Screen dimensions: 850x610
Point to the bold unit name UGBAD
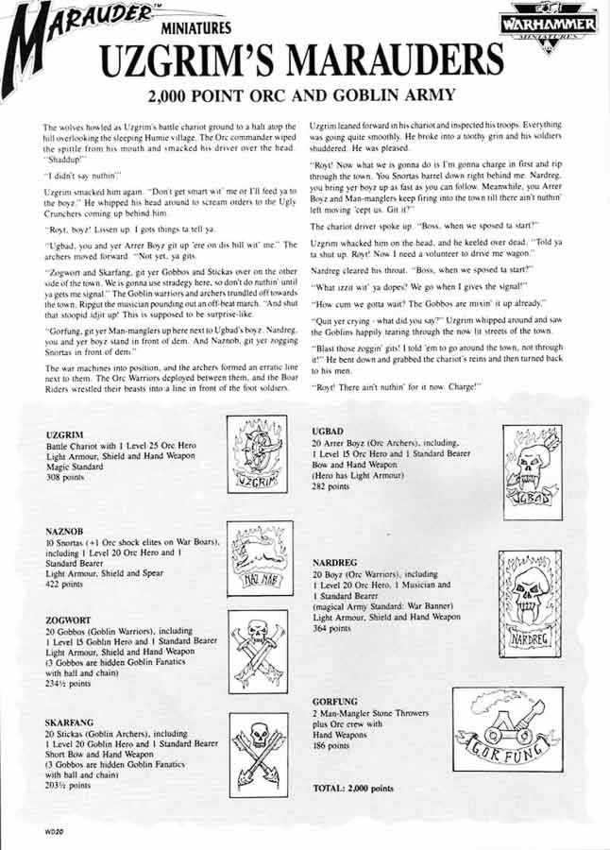coord(328,431)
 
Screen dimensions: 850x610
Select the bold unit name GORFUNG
coord(335,702)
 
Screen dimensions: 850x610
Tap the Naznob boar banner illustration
coord(259,556)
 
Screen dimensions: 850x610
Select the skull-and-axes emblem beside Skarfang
coord(260,750)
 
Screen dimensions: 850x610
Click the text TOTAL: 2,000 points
coord(352,787)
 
